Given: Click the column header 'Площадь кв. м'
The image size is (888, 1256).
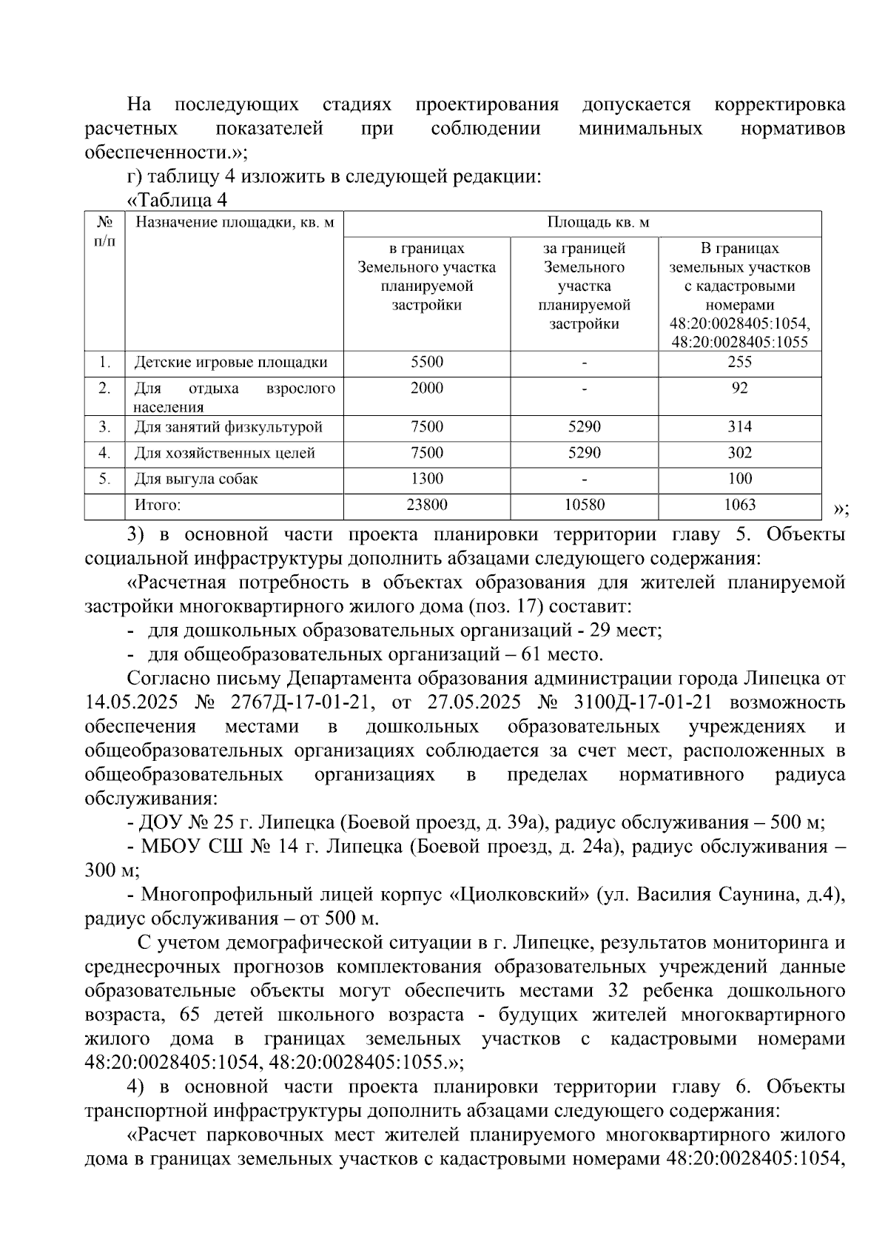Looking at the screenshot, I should tap(598, 223).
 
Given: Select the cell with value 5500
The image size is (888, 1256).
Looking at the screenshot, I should tap(427, 362).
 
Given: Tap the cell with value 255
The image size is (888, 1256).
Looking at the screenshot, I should tap(739, 362).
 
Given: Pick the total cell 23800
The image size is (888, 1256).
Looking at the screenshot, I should tap(427, 505).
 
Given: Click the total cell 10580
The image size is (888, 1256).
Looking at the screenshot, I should tap(584, 505).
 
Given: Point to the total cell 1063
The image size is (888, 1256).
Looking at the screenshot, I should tap(739, 505).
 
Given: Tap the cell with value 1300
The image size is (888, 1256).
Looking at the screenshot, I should tap(427, 479).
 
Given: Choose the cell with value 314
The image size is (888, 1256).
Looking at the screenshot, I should tap(739, 426).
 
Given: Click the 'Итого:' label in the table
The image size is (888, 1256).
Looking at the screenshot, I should tap(157, 506).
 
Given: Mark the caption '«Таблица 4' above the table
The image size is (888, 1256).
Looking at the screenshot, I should tap(178, 201).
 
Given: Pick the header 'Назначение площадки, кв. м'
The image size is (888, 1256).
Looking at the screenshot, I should tap(234, 223).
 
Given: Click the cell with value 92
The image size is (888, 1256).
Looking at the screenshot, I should tap(739, 389).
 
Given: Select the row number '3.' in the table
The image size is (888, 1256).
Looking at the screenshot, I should tap(105, 427).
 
